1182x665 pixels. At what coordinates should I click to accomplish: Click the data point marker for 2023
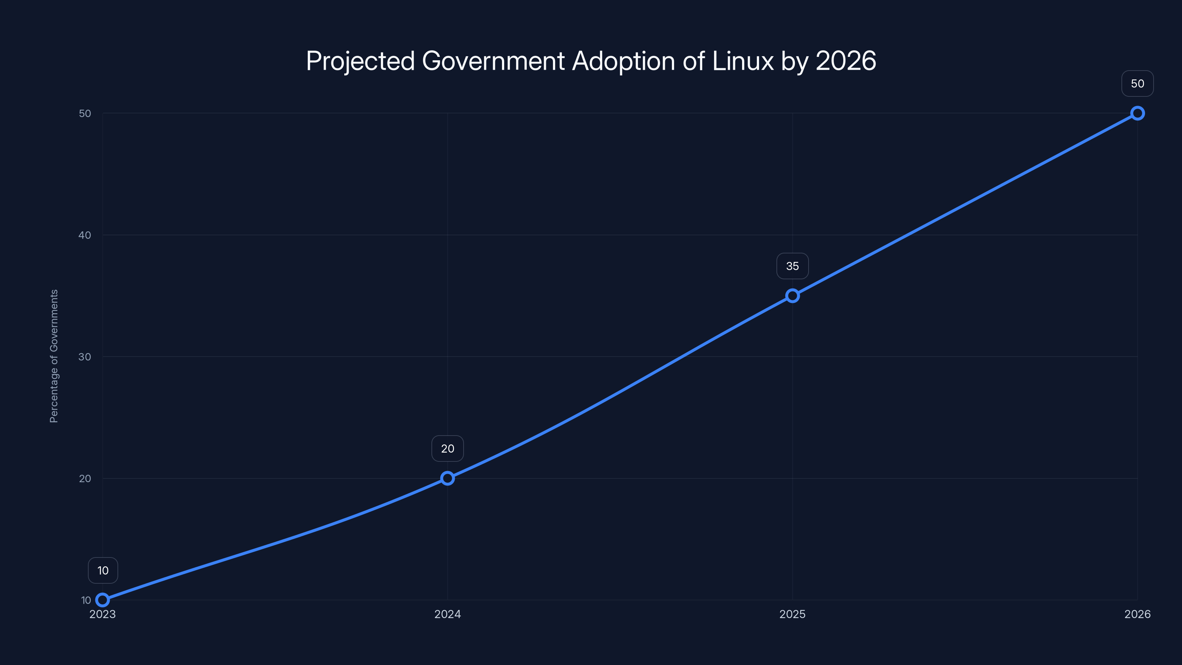click(103, 600)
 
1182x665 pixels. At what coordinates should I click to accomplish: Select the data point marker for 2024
click(447, 478)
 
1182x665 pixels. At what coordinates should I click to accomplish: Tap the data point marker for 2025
click(792, 296)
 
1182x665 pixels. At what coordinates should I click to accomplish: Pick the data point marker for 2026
click(1138, 113)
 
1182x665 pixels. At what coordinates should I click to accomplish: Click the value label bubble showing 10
click(103, 570)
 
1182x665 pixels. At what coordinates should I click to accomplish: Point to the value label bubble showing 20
click(447, 449)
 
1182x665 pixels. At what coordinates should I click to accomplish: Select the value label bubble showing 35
click(792, 266)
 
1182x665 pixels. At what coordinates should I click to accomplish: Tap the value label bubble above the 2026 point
click(1138, 83)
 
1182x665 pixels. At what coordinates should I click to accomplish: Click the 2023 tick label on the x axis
click(103, 614)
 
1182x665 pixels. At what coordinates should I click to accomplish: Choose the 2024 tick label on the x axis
click(447, 614)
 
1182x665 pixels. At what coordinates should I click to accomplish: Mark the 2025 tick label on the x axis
click(792, 614)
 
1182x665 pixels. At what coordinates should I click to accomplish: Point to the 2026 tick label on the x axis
click(1138, 614)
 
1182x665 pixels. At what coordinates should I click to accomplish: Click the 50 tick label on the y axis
click(85, 113)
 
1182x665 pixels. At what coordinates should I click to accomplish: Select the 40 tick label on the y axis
click(85, 235)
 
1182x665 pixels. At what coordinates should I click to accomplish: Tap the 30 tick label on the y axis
click(85, 357)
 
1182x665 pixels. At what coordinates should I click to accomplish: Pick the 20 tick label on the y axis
click(85, 478)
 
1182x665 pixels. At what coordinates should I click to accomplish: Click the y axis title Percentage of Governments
click(54, 356)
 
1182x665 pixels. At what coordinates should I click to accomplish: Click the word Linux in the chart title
click(743, 61)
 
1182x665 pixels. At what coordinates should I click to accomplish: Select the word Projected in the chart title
click(360, 61)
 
